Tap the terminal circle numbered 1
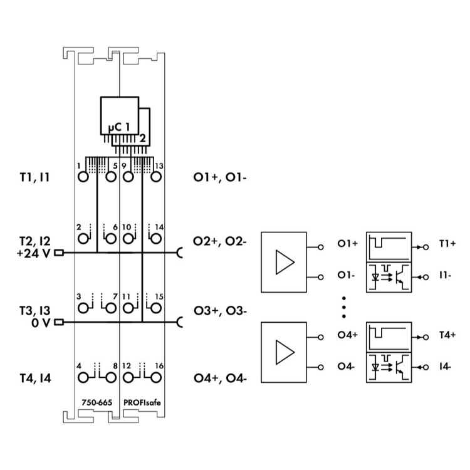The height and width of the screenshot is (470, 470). click(83, 176)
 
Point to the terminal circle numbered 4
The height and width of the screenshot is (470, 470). click(83, 378)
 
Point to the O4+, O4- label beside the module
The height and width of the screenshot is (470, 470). click(219, 379)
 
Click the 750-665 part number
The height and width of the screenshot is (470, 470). click(93, 402)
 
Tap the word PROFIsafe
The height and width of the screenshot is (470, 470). click(142, 402)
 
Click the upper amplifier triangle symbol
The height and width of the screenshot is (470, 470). click(285, 261)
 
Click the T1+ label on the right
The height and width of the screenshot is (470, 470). click(447, 243)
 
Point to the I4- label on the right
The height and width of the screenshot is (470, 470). click(446, 366)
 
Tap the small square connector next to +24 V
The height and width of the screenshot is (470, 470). click(60, 253)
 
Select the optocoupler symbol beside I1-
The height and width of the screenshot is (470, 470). click(389, 276)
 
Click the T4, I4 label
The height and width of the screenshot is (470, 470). click(34, 379)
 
